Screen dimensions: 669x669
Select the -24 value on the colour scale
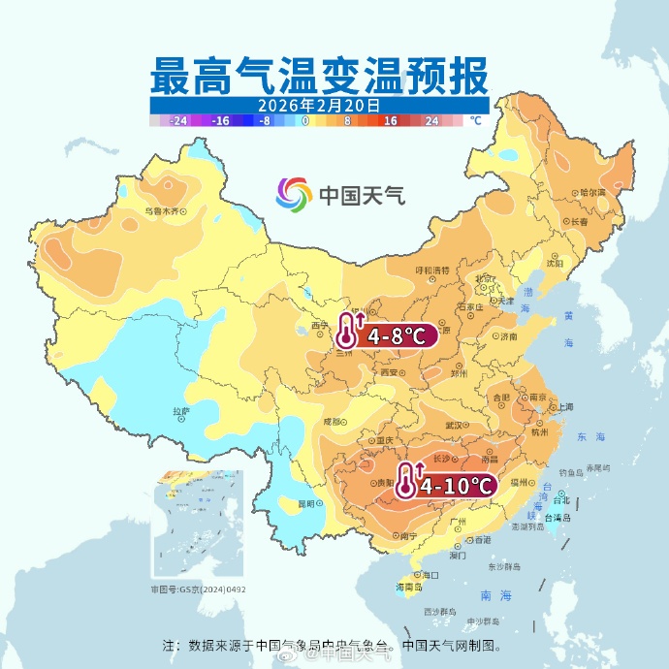(x=177, y=121)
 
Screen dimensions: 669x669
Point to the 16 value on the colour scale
(x=391, y=121)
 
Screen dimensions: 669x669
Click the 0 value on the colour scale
(x=305, y=121)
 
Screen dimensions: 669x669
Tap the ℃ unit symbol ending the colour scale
(x=475, y=121)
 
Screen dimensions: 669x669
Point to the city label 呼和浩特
(x=432, y=270)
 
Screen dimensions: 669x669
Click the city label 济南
(x=508, y=336)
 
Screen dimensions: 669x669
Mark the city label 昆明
(x=306, y=503)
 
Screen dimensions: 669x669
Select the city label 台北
(x=561, y=500)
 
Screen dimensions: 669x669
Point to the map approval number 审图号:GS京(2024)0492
(x=198, y=589)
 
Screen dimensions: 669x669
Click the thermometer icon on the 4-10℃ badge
(x=406, y=481)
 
